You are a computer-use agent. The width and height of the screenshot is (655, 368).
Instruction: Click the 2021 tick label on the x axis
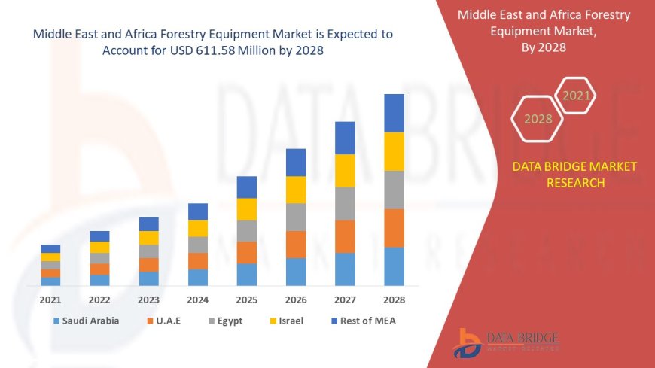(x=50, y=300)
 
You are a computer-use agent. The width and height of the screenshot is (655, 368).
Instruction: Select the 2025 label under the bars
(x=247, y=300)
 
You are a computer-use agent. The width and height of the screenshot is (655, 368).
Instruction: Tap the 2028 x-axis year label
(x=394, y=300)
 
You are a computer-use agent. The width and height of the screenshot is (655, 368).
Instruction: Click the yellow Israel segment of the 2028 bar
(x=394, y=151)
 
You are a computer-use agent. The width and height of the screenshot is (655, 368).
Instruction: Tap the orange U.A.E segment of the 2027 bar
(x=345, y=236)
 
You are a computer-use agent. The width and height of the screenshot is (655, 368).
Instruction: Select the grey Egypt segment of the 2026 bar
(x=296, y=217)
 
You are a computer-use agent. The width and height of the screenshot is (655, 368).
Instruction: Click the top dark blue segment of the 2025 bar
(x=247, y=187)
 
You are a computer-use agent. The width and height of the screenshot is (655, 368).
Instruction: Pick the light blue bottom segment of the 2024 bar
(x=198, y=277)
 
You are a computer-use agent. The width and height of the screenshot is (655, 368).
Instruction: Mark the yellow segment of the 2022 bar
(x=99, y=247)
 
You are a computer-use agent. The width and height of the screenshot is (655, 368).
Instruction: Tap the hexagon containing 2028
(x=538, y=119)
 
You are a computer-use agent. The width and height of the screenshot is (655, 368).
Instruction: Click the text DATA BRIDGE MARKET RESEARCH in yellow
(x=574, y=175)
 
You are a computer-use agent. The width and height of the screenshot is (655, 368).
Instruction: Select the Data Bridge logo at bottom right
(x=506, y=342)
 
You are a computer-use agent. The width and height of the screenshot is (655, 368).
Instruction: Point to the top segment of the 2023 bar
(x=148, y=224)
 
